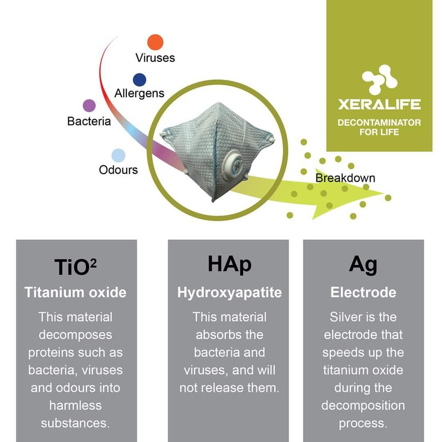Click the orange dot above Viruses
pyautogui.click(x=155, y=42)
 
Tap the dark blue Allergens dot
pyautogui.click(x=139, y=80)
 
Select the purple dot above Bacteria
pyautogui.click(x=89, y=106)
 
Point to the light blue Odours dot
pyautogui.click(x=118, y=155)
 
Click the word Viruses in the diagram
pyautogui.click(x=155, y=58)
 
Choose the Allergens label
pyautogui.click(x=139, y=93)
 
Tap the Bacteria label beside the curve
pyautogui.click(x=89, y=121)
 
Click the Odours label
pyautogui.click(x=118, y=170)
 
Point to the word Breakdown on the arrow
pyautogui.click(x=345, y=178)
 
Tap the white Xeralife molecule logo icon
pyautogui.click(x=379, y=79)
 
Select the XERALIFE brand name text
pyautogui.click(x=379, y=104)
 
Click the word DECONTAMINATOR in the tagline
pyautogui.click(x=379, y=123)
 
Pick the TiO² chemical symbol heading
pyautogui.click(x=76, y=267)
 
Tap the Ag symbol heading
pyautogui.click(x=363, y=265)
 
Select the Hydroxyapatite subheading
pyautogui.click(x=230, y=292)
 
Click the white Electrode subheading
pyautogui.click(x=363, y=292)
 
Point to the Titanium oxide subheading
pyautogui.click(x=76, y=292)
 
